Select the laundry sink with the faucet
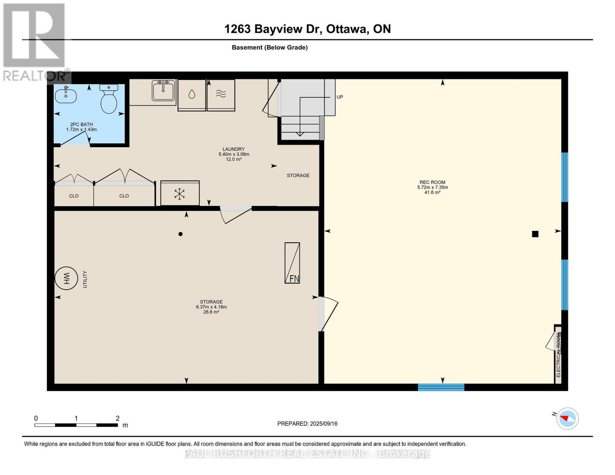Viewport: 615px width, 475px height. (163, 90)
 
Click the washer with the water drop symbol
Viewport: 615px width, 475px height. (192, 95)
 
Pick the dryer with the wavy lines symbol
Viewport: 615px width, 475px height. (221, 95)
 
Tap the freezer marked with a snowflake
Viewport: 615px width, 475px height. (180, 193)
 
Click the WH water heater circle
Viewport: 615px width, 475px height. (66, 278)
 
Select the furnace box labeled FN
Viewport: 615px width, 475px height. (292, 263)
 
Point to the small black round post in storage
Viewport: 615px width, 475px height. (180, 234)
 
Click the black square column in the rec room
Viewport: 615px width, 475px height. (535, 234)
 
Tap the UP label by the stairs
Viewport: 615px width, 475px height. (340, 97)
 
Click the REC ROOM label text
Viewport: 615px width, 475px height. (432, 182)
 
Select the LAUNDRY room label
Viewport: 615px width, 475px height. (234, 149)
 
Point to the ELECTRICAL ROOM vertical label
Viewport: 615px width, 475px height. (558, 355)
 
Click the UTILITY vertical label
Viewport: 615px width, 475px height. (85, 279)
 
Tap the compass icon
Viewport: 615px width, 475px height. (567, 419)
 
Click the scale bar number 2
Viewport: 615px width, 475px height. (118, 418)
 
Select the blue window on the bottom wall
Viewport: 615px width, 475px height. (441, 387)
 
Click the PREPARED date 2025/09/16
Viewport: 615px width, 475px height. (324, 424)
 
